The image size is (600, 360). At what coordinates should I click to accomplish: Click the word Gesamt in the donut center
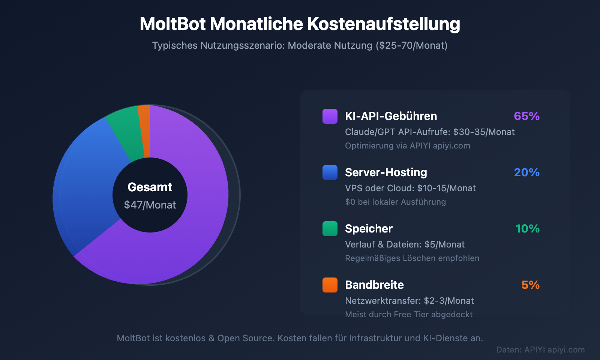pyautogui.click(x=150, y=187)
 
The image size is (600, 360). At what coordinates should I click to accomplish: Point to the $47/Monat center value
pyautogui.click(x=150, y=205)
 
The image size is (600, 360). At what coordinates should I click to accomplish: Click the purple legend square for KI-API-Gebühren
pyautogui.click(x=330, y=116)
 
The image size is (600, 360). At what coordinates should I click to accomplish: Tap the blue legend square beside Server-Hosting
pyautogui.click(x=330, y=172)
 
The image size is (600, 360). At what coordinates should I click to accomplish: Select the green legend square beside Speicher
pyautogui.click(x=330, y=229)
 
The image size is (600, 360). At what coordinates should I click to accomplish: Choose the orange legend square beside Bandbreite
pyautogui.click(x=330, y=285)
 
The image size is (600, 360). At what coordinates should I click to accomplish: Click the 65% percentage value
pyautogui.click(x=526, y=116)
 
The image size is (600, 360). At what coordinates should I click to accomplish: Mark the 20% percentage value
pyautogui.click(x=526, y=172)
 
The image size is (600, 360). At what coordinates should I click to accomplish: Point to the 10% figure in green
pyautogui.click(x=527, y=229)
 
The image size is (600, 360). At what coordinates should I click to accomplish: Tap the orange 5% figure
pyautogui.click(x=530, y=285)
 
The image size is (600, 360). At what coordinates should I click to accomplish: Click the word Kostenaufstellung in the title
pyautogui.click(x=383, y=24)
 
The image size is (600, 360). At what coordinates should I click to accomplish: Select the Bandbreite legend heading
pyautogui.click(x=374, y=285)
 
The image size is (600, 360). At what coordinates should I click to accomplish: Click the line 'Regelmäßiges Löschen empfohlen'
pyautogui.click(x=412, y=258)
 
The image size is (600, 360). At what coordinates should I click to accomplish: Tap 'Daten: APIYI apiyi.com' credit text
pyautogui.click(x=540, y=349)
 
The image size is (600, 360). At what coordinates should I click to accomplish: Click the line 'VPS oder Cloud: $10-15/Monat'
pyautogui.click(x=410, y=188)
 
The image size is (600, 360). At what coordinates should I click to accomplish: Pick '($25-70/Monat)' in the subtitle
pyautogui.click(x=411, y=45)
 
